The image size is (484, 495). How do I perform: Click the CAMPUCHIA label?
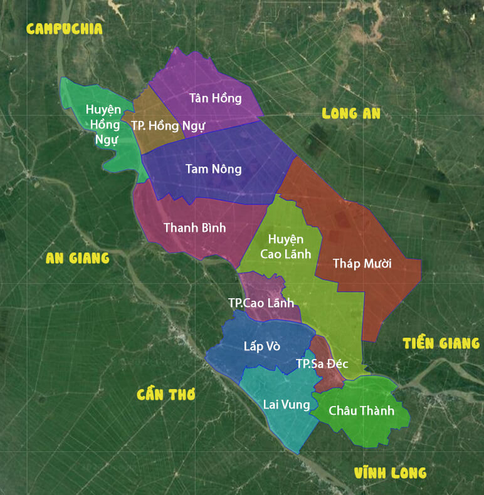64,29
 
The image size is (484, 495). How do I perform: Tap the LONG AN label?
351,113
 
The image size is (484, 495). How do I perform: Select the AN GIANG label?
78,258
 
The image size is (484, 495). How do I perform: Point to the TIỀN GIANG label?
441,343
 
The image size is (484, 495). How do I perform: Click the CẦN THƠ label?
166,394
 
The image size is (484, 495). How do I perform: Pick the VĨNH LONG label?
390,473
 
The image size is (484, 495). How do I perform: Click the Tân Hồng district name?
215,98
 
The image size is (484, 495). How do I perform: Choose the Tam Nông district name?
213,169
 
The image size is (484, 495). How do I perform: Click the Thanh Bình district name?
194,227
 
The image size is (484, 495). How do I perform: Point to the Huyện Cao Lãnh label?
285,246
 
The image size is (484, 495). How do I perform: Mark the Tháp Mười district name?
362,263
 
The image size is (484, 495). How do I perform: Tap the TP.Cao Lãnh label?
261,303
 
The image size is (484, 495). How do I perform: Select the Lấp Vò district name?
261,346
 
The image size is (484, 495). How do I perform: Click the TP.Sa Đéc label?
322,364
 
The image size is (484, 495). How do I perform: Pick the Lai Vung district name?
286,405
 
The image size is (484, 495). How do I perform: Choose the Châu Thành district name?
361,411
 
